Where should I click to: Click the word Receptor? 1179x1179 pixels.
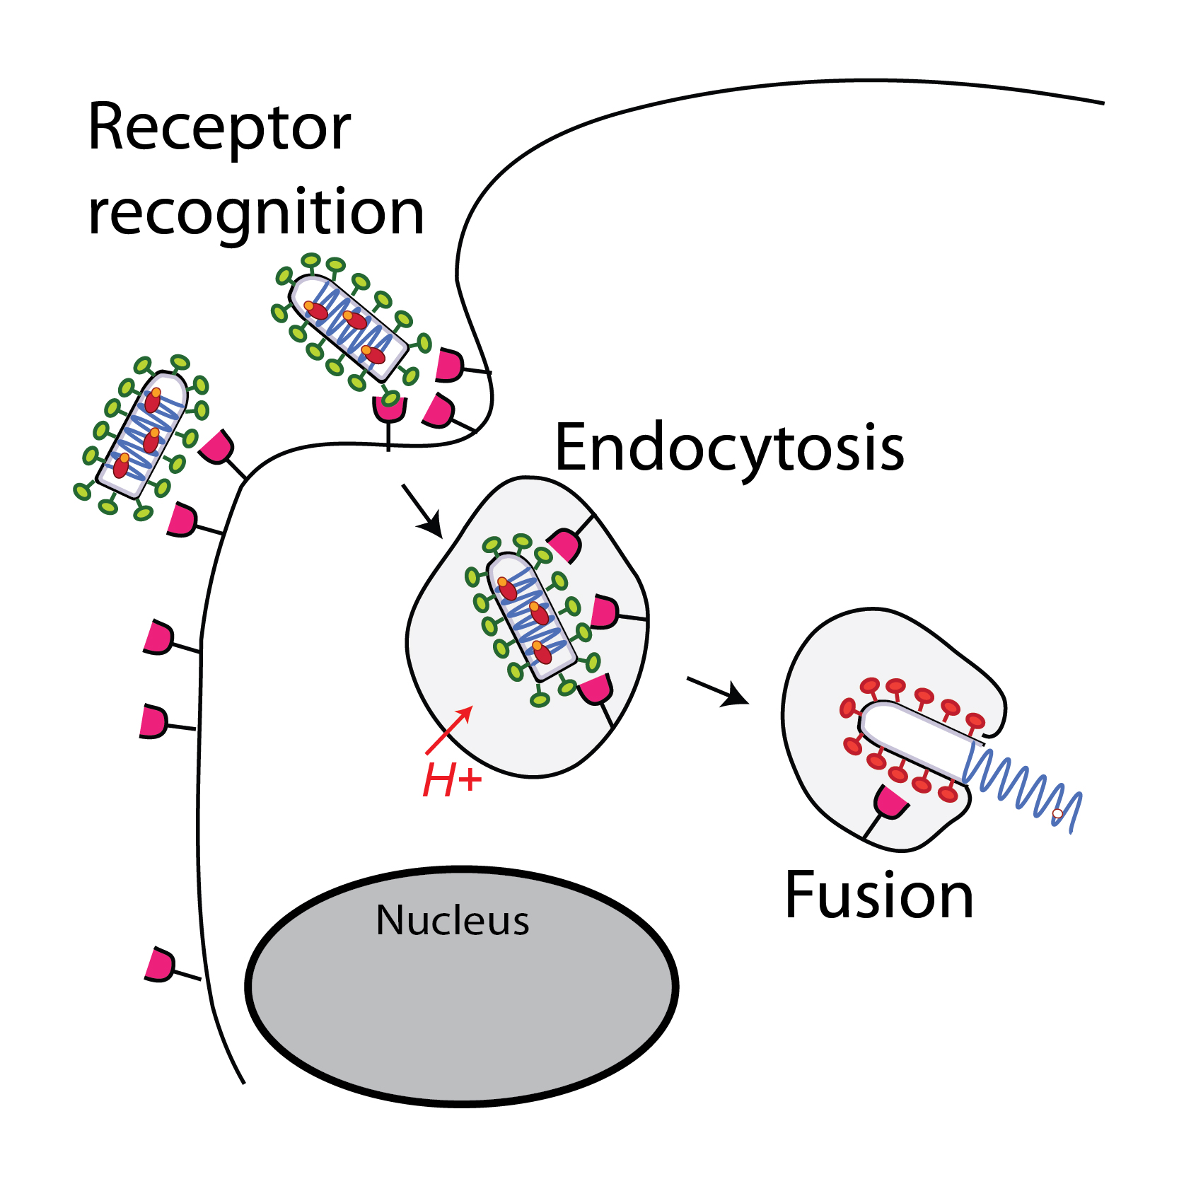219,129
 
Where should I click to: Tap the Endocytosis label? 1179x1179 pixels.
729,448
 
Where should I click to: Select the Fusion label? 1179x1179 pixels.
879,896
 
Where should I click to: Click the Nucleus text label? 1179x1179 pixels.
453,920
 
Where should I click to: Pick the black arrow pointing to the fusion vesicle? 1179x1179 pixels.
718,692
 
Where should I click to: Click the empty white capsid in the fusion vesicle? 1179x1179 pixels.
912,739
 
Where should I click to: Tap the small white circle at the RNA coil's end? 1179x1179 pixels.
1057,814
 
